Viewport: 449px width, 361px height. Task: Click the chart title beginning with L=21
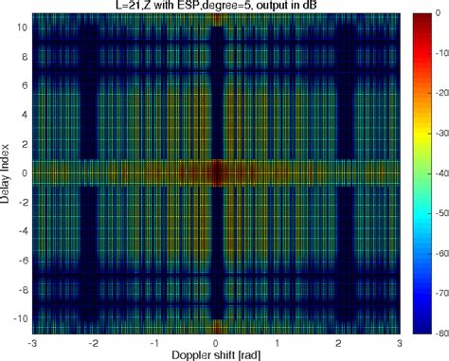[x=217, y=7]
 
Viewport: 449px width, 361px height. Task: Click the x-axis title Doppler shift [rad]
[x=217, y=353]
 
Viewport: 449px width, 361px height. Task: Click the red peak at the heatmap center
[x=217, y=172]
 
